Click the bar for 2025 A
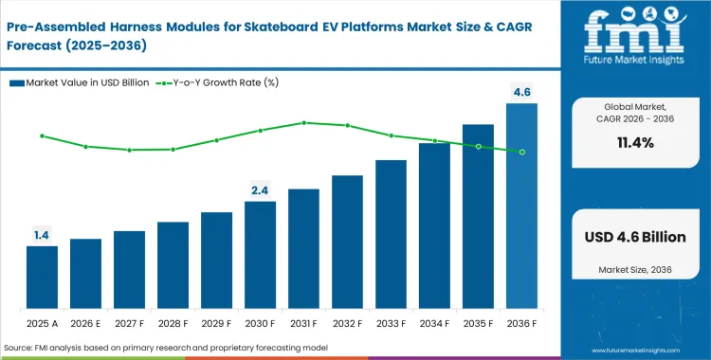(42, 277)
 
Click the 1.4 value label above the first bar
(42, 234)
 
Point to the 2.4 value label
(260, 189)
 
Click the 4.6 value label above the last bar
(521, 92)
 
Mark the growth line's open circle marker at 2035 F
(478, 146)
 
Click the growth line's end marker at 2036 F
(521, 152)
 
